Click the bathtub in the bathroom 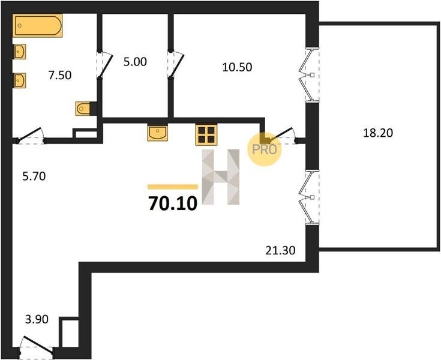(x=37, y=25)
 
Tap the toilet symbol (x=83, y=108)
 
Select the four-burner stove (x=206, y=135)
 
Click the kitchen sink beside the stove (x=157, y=133)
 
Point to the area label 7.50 (x=59, y=76)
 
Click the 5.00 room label (x=135, y=62)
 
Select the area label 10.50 (x=237, y=67)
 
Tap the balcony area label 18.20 (x=378, y=133)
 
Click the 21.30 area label (x=280, y=250)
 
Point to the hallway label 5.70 (x=34, y=176)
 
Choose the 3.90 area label (x=37, y=319)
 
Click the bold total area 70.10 (x=172, y=203)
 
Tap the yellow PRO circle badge (x=264, y=149)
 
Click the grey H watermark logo (x=221, y=176)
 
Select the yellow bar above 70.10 (x=173, y=187)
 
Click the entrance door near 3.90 (x=37, y=346)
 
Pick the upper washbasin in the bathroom (x=20, y=52)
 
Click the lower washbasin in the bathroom (x=20, y=80)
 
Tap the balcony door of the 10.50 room (x=309, y=75)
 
